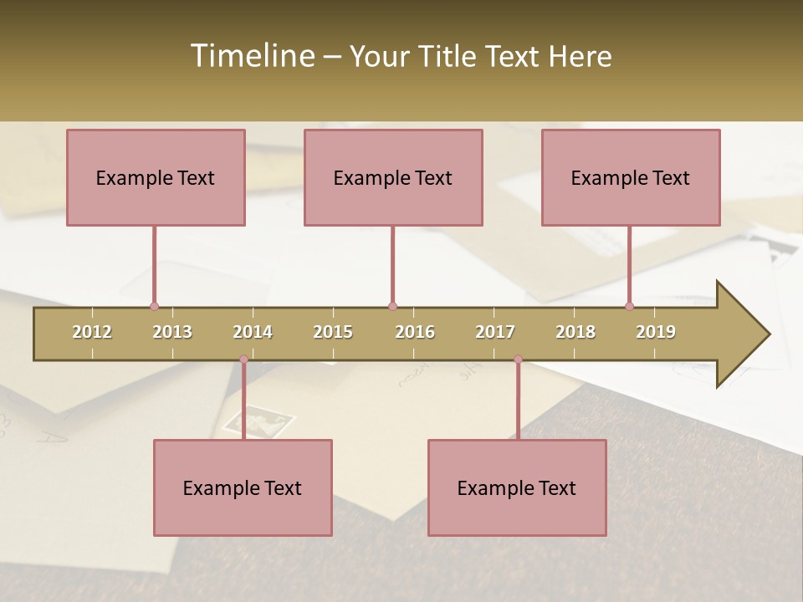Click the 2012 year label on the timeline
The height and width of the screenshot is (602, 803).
pos(92,332)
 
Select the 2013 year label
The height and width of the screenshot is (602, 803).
pos(172,332)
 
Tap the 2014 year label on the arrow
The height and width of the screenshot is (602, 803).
pos(253,332)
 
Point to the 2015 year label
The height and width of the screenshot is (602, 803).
pos(333,332)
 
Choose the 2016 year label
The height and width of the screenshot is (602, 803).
pos(415,332)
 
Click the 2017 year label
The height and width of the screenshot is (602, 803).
pos(495,332)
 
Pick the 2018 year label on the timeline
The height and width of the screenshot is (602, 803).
pos(575,332)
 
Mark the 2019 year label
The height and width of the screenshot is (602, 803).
pos(656,332)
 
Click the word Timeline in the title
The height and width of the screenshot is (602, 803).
pos(251,56)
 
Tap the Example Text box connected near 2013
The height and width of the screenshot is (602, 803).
pos(156,178)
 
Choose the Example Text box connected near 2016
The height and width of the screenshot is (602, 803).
pos(393,178)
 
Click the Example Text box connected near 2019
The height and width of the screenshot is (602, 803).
pos(631,178)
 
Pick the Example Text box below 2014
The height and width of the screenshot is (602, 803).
pos(243,488)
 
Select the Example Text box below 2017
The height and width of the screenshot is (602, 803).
pos(517,488)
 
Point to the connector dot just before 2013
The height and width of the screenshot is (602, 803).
pos(154,306)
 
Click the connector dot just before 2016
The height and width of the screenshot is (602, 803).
pos(392,306)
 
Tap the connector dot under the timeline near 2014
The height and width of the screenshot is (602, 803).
pos(243,360)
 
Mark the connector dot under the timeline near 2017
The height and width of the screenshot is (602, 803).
pos(518,360)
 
